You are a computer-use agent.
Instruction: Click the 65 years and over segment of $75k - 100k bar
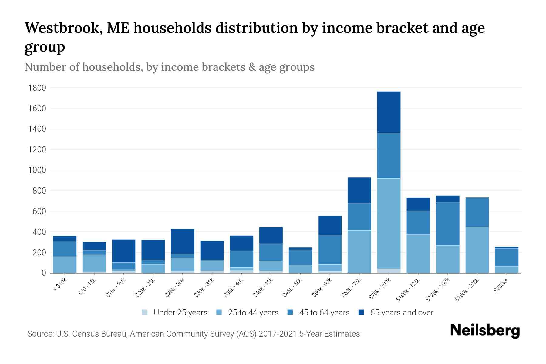click(389, 112)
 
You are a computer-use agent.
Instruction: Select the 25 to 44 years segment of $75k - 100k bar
click(389, 224)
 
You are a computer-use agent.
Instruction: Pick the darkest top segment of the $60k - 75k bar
click(359, 190)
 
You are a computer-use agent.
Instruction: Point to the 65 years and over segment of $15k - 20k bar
click(123, 251)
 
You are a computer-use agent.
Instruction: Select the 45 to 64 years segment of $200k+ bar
click(506, 257)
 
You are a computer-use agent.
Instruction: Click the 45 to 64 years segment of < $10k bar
click(65, 249)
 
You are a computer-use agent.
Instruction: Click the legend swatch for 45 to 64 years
click(290, 312)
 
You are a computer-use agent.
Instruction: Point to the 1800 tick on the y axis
click(37, 88)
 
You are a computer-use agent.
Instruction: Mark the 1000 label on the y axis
click(37, 170)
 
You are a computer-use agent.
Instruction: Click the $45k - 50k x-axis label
click(293, 288)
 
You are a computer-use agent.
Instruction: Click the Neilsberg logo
click(485, 330)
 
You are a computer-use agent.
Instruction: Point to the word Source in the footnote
click(40, 334)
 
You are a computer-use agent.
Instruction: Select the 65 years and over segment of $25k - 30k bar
click(183, 241)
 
